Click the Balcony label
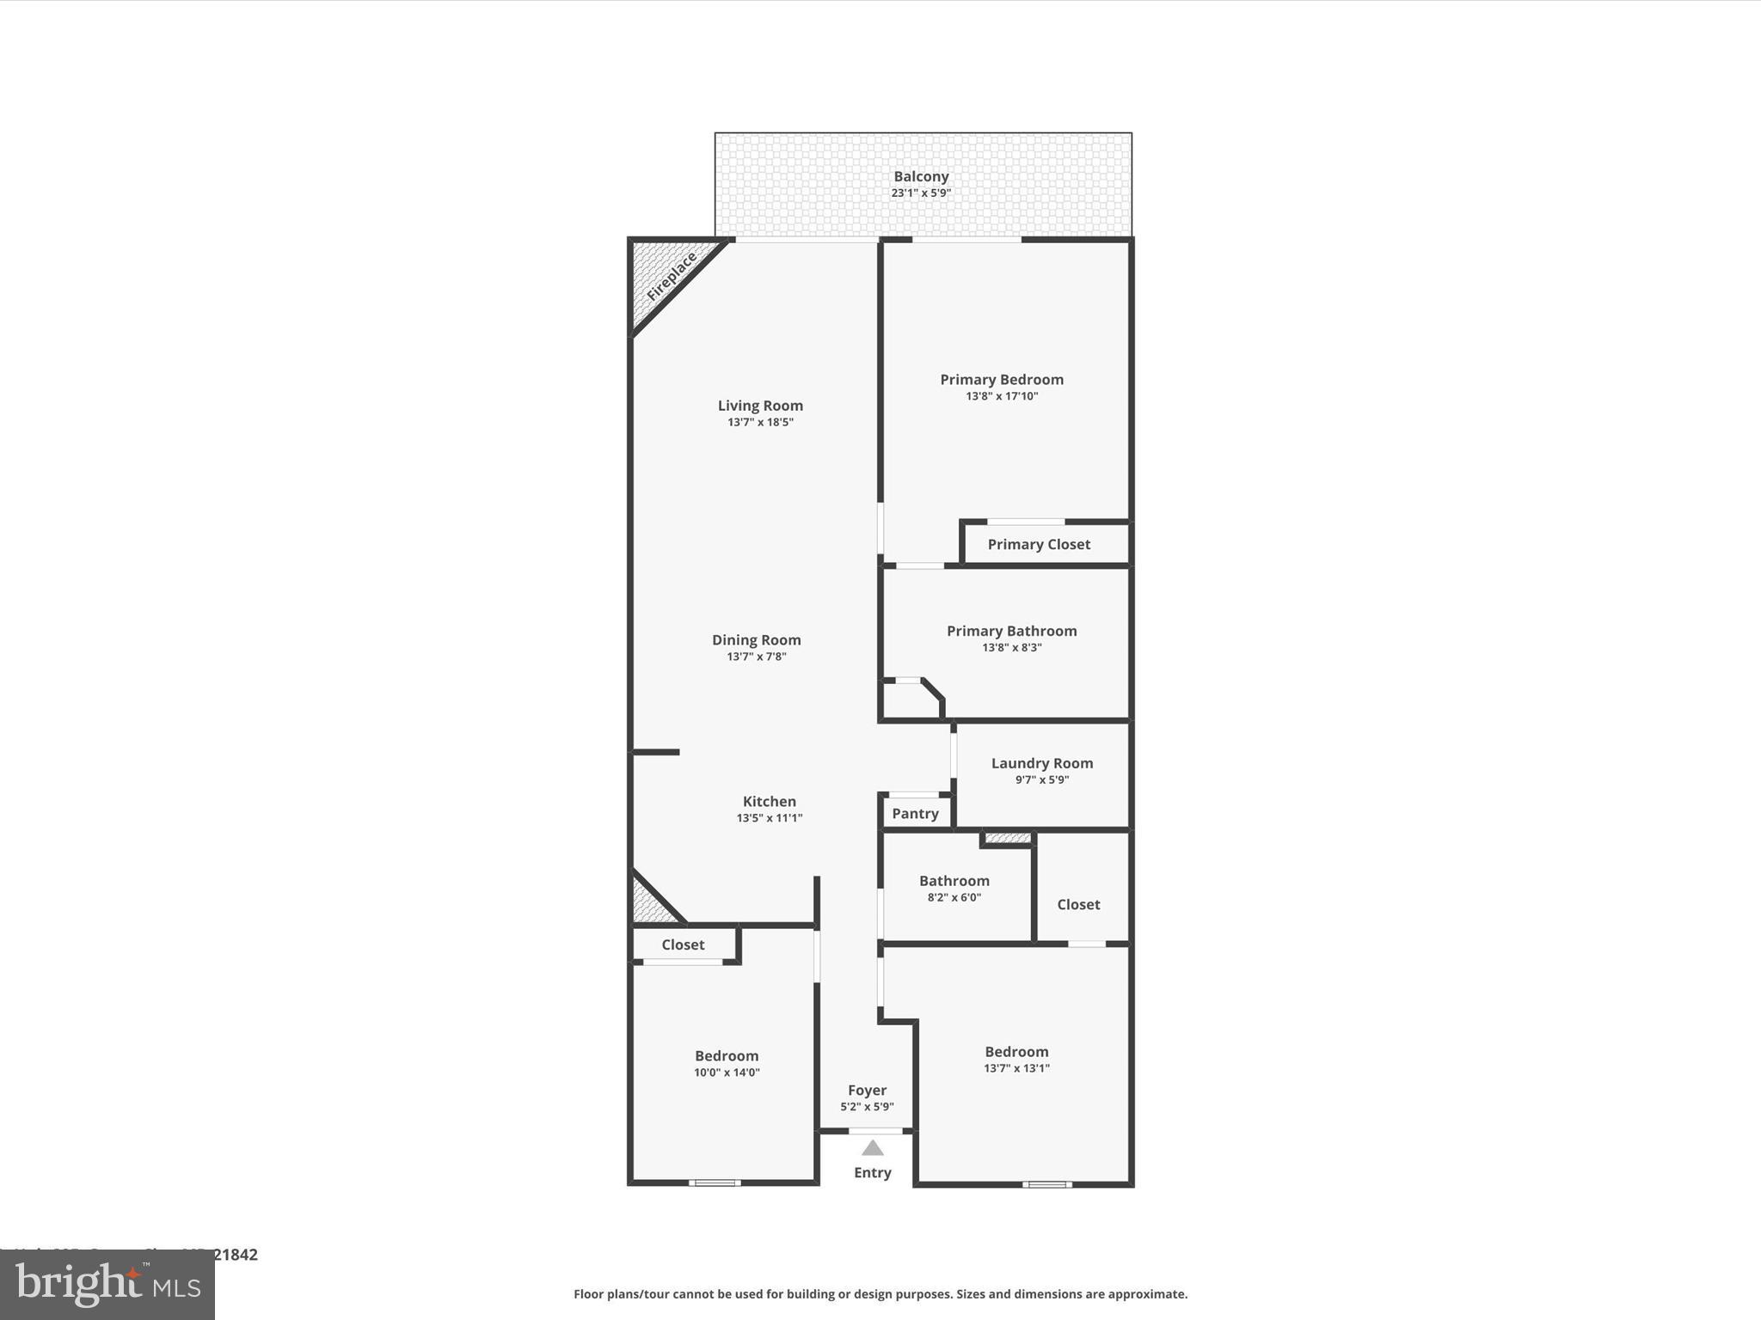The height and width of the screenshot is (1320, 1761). [921, 176]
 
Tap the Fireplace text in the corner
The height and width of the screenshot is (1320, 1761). [672, 277]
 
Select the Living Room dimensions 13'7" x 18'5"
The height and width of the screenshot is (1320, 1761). [760, 422]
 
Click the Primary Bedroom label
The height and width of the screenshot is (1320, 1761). [1002, 379]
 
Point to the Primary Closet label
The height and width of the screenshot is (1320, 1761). [1039, 544]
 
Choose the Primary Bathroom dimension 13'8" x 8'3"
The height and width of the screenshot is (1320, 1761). [1012, 647]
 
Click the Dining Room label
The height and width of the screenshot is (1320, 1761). [757, 639]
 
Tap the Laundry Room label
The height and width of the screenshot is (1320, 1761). [1042, 763]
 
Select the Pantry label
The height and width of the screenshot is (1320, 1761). [915, 813]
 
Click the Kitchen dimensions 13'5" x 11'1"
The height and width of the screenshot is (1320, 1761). [770, 817]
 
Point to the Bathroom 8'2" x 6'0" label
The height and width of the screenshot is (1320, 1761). [954, 881]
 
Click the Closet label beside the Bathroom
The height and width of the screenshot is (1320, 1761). [1078, 904]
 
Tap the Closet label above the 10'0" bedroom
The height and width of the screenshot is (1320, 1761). [683, 944]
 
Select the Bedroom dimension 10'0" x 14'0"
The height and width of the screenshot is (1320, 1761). [727, 1072]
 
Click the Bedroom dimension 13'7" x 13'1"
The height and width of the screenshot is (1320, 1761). [1016, 1068]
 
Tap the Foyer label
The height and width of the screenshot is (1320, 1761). [867, 1090]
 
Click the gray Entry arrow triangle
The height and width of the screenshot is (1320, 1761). [873, 1148]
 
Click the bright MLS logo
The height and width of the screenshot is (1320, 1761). [107, 1285]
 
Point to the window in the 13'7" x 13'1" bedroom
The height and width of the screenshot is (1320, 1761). [1046, 1184]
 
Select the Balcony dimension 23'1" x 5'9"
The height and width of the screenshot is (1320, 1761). [921, 192]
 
